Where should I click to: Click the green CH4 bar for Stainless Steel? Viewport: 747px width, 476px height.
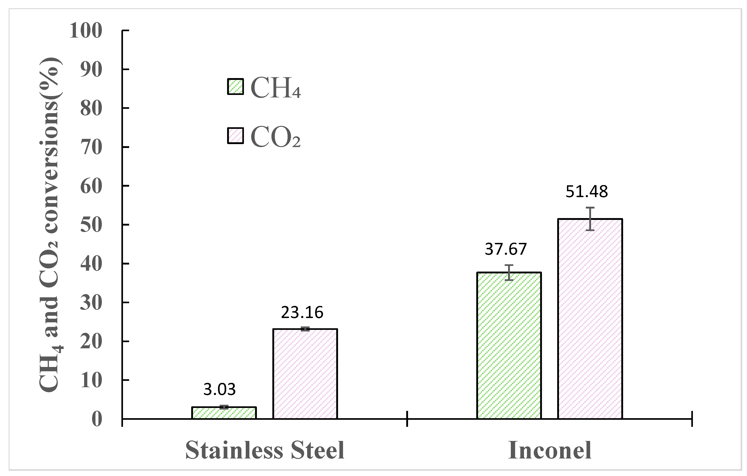[224, 413]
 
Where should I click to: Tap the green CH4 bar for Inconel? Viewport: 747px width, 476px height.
[509, 346]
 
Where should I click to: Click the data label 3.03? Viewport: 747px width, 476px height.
[220, 389]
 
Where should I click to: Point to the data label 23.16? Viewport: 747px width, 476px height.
[302, 312]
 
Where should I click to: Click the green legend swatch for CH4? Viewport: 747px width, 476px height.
[236, 86]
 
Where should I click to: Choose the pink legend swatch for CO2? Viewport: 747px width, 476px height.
[236, 136]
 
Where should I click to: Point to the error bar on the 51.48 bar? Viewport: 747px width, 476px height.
[590, 219]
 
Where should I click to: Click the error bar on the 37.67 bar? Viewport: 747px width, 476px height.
[509, 272]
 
